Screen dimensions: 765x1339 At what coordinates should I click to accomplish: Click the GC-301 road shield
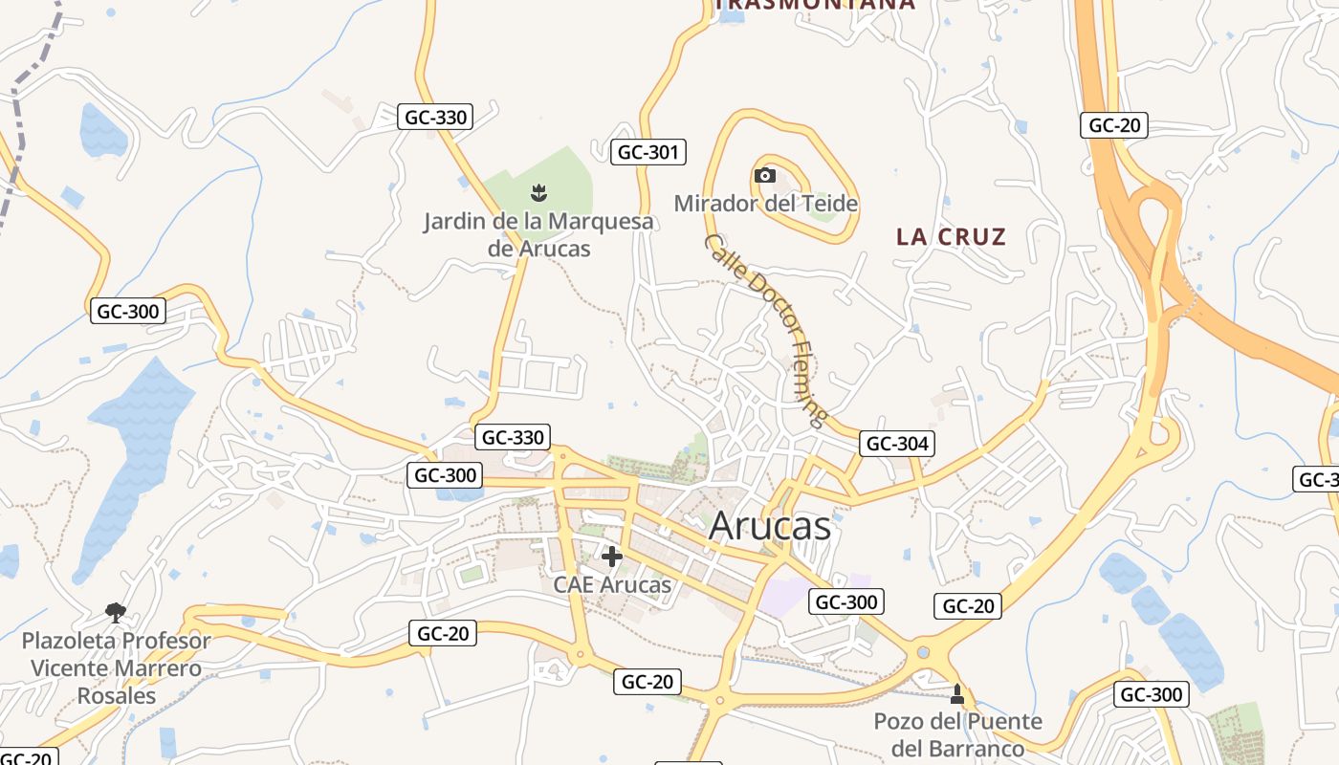pyautogui.click(x=648, y=151)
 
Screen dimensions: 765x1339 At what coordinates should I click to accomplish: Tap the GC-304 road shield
pyautogui.click(x=896, y=444)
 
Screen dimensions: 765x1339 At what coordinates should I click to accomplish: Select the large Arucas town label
pyautogui.click(x=770, y=526)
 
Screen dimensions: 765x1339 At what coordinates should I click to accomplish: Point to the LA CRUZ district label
pyautogui.click(x=951, y=237)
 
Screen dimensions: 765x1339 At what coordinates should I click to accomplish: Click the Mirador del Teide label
pyautogui.click(x=765, y=204)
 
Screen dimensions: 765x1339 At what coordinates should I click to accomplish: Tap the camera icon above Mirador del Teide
pyautogui.click(x=764, y=175)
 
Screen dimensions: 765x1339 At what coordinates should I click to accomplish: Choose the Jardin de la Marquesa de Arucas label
pyautogui.click(x=539, y=234)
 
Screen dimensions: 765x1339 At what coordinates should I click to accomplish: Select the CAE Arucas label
pyautogui.click(x=612, y=584)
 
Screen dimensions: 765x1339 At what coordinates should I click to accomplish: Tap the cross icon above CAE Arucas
pyautogui.click(x=612, y=556)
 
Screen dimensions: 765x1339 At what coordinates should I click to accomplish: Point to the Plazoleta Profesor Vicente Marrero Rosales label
pyautogui.click(x=117, y=667)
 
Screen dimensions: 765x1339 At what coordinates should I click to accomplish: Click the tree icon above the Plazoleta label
pyautogui.click(x=116, y=611)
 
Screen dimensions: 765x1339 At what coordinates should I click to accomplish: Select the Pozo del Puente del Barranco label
pyautogui.click(x=957, y=734)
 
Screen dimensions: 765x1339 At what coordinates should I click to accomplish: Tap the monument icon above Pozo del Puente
pyautogui.click(x=957, y=693)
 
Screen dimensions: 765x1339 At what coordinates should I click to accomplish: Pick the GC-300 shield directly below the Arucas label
pyautogui.click(x=845, y=601)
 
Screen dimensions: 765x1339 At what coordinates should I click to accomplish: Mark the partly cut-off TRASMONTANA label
pyautogui.click(x=815, y=5)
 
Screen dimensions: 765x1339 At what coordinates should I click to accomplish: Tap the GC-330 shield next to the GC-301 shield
pyautogui.click(x=435, y=118)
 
